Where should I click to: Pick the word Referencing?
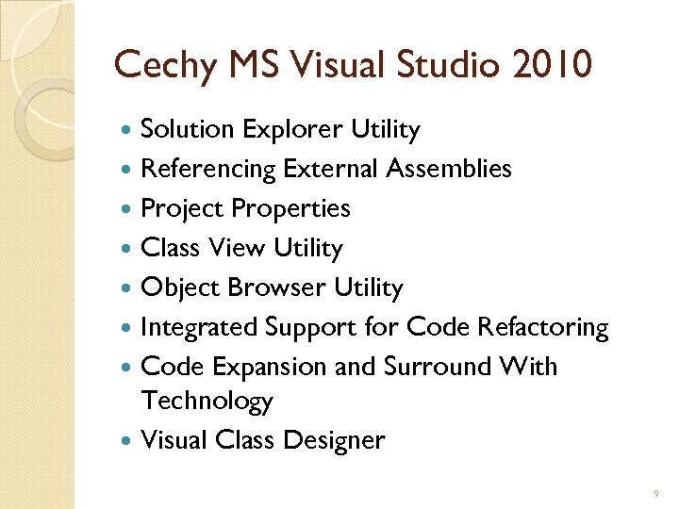[x=208, y=169]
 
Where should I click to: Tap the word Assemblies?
[x=449, y=169]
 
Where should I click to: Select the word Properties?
[x=290, y=208]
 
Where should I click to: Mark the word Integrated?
[x=199, y=327]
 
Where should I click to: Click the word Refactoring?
[x=543, y=327]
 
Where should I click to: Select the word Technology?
[x=207, y=402]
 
